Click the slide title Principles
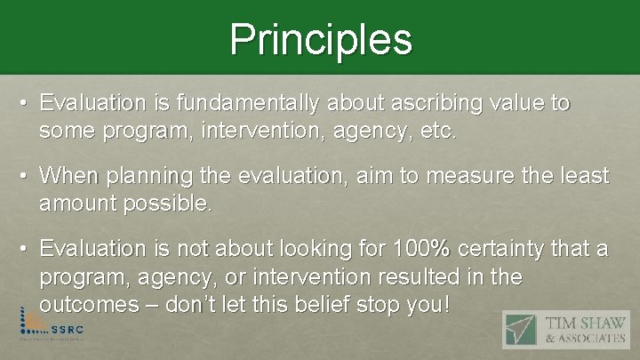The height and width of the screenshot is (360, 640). pyautogui.click(x=320, y=39)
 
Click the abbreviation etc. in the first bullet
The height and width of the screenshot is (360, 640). pyautogui.click(x=437, y=132)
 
